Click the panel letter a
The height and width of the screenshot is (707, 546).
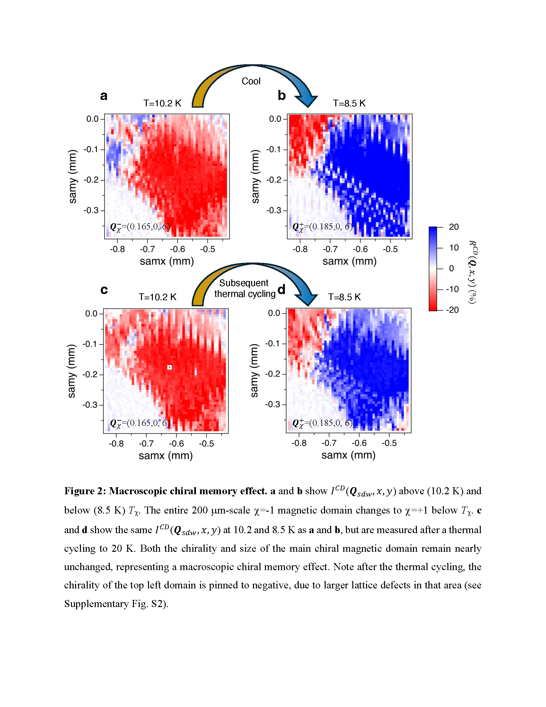(x=103, y=96)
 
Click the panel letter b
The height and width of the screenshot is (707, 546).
(x=282, y=95)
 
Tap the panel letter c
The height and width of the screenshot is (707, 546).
(x=104, y=290)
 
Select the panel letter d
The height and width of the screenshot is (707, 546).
(x=281, y=289)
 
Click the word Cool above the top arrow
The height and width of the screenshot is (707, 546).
(x=251, y=81)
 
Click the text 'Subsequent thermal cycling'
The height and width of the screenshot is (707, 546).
(x=244, y=289)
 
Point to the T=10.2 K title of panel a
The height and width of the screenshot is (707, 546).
(x=163, y=103)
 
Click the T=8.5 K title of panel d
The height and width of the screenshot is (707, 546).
(x=345, y=297)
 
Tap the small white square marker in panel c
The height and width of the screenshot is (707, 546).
(x=170, y=367)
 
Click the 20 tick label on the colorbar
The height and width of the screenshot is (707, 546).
(x=454, y=227)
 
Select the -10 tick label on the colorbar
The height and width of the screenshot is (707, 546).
(x=453, y=289)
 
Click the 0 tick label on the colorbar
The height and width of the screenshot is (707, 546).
(x=452, y=268)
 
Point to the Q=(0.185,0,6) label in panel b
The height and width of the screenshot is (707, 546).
(x=322, y=227)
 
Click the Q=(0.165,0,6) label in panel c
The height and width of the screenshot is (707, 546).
(x=140, y=423)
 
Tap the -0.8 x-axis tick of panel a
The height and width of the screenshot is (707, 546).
(x=118, y=249)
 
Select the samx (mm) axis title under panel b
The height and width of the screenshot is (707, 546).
(x=349, y=261)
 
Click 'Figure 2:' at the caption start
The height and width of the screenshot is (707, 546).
(x=85, y=491)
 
